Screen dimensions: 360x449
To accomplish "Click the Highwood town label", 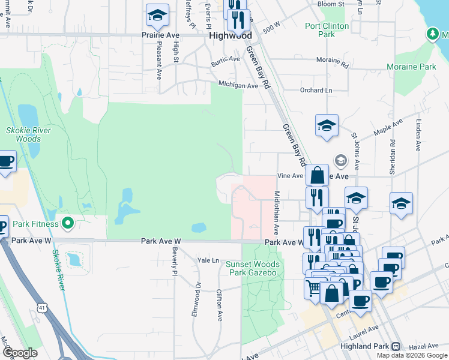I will (x=231, y=36).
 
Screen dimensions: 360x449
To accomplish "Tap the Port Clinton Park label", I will (x=328, y=30).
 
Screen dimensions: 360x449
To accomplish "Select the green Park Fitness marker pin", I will (x=68, y=224).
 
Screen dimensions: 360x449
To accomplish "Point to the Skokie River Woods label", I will (x=28, y=134).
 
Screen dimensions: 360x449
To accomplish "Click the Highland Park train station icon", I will (x=396, y=346).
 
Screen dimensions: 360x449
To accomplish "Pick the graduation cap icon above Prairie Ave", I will (x=157, y=16).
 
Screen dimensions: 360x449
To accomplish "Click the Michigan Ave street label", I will (x=238, y=85).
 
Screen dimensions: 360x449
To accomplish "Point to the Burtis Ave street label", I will (x=225, y=61).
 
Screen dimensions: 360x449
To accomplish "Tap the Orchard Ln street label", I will (x=316, y=91).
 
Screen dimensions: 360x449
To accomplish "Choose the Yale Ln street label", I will (x=208, y=260).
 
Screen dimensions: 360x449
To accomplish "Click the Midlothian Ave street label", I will (x=277, y=213).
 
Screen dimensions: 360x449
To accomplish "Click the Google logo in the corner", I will (x=20, y=353).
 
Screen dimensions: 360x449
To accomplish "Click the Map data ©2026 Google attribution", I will (x=412, y=355).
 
